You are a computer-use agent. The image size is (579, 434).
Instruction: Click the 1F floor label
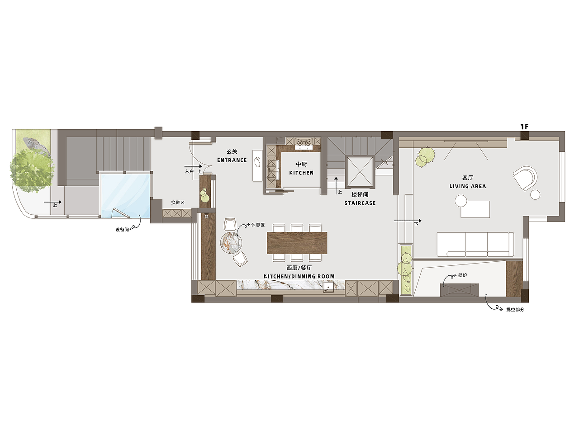coord(524,127)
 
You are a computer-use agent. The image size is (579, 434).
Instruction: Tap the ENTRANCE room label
coord(232,160)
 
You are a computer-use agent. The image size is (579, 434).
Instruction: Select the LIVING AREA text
coord(468,186)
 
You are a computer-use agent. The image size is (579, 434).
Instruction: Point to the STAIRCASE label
coord(360,203)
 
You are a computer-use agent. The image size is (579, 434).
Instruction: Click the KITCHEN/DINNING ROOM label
coord(299,276)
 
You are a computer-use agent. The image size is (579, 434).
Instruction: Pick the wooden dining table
coord(297,243)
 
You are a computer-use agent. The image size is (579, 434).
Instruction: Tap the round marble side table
coord(231,243)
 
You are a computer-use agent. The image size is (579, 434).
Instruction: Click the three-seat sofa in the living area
coord(475,244)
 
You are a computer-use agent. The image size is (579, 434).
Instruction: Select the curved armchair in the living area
coord(525,178)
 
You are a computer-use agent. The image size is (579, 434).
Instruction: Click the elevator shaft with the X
coord(360,172)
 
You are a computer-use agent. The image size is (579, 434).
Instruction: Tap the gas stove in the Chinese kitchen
coord(304,144)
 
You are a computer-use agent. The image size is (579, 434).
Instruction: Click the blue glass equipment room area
coord(125,195)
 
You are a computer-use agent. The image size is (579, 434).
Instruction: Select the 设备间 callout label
coord(122,230)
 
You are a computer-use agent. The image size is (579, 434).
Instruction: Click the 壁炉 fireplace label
coord(463,275)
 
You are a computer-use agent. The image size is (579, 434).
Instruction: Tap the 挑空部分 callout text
coord(515,310)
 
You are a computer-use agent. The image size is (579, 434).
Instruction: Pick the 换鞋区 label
coord(178,203)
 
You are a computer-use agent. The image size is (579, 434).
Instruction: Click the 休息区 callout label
coord(258,225)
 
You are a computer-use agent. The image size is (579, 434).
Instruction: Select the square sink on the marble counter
coord(328,287)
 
